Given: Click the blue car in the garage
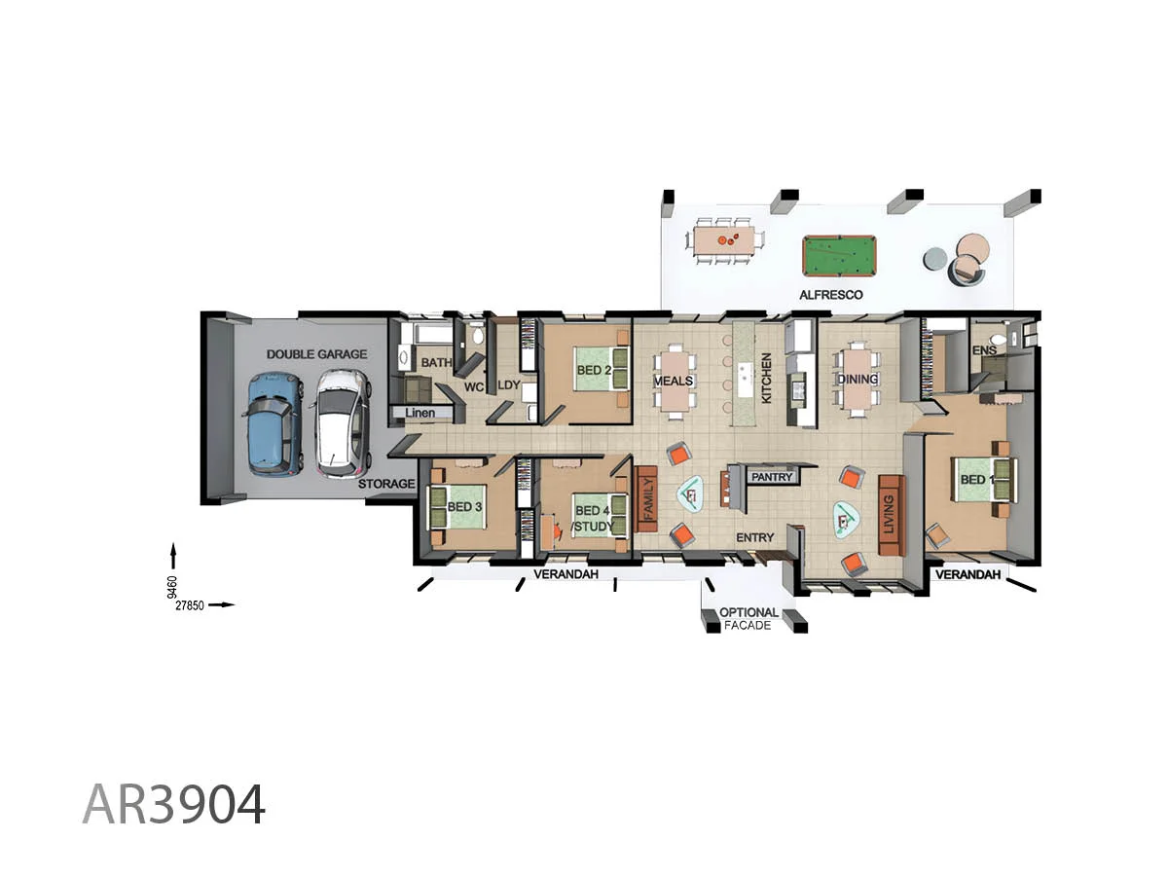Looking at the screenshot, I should click(x=272, y=424).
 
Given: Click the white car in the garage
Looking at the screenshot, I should click(x=341, y=424).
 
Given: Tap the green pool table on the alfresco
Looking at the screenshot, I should click(x=839, y=256).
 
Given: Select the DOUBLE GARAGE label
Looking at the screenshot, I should click(x=316, y=354).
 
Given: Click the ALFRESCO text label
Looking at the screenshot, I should click(x=830, y=294).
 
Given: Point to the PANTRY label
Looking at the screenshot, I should click(x=773, y=477).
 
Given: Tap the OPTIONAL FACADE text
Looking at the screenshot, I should click(x=748, y=619).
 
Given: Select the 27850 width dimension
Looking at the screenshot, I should click(x=191, y=604).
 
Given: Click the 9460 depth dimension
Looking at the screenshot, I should click(x=172, y=586).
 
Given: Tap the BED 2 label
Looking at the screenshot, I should click(x=594, y=371).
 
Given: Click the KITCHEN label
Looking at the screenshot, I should click(x=766, y=379).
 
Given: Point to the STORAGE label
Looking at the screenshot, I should click(x=386, y=484).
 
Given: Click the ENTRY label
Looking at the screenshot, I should click(x=754, y=537).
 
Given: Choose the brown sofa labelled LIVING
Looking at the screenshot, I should click(x=892, y=515).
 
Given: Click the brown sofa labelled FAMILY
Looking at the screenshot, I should click(x=646, y=497).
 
